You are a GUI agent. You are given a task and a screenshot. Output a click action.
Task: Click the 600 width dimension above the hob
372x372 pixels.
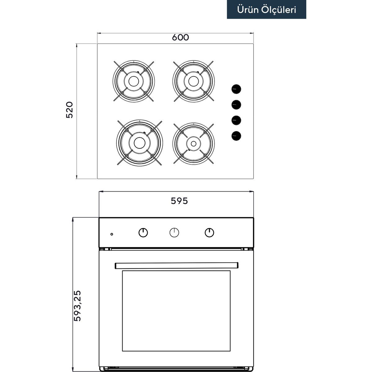tap(180, 37)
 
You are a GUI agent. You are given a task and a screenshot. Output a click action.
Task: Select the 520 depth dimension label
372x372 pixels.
tap(69, 110)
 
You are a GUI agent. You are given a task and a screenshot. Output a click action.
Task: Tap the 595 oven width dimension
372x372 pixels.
tap(179, 201)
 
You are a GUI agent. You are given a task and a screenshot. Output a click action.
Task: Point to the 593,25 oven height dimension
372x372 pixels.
tap(77, 306)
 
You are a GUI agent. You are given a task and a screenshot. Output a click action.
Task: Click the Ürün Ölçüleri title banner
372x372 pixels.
tap(266, 9)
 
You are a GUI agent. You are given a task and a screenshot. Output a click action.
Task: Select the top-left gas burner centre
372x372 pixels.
tap(133, 81)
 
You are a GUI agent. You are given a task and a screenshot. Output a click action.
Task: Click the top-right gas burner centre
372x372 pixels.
tap(193, 81)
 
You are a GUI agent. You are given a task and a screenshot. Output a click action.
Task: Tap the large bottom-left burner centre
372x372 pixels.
tap(139, 143)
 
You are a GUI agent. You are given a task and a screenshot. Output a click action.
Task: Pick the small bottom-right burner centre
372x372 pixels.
tap(194, 144)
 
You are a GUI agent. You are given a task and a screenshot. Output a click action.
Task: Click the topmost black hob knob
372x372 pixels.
tap(236, 89)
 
